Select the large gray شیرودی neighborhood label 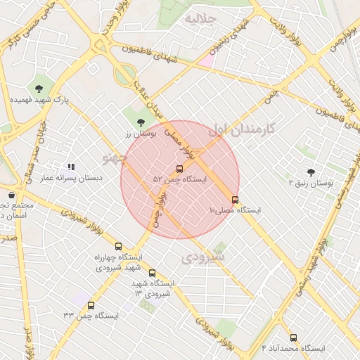202,257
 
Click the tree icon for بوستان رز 141,122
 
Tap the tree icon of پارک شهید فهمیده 38,88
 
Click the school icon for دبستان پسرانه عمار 71,167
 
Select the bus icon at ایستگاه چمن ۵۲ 179,169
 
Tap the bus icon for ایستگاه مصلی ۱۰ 235,200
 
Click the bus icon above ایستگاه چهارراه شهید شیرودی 118,247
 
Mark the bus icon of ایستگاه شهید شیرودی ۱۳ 152,274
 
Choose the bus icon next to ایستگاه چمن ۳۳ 91,305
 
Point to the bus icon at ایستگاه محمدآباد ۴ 293,337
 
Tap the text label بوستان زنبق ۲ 310,183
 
